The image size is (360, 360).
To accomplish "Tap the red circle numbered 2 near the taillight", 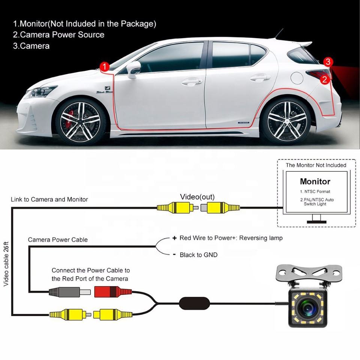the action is pyautogui.click(x=325, y=79).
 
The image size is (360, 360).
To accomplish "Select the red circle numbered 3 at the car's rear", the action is pyautogui.click(x=328, y=62).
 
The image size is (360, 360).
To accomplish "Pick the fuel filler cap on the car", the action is pyautogui.click(x=297, y=78).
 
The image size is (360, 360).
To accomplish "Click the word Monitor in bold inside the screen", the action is pyautogui.click(x=315, y=181).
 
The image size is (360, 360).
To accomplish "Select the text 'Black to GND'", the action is pyautogui.click(x=198, y=255).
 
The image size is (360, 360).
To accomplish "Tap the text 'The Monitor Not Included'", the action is pyautogui.click(x=316, y=165).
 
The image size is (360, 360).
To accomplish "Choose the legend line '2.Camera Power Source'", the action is pyautogui.click(x=58, y=35).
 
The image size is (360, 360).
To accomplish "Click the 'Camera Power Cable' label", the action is pyautogui.click(x=58, y=240).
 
